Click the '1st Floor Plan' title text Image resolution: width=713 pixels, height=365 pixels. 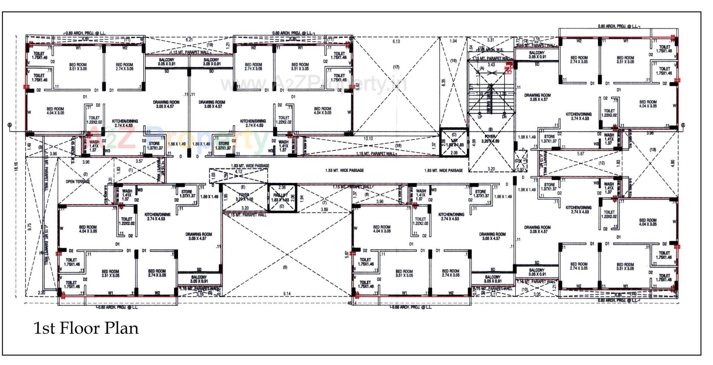pyautogui.click(x=86, y=328)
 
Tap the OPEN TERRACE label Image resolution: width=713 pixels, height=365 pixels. pyautogui.click(x=78, y=182)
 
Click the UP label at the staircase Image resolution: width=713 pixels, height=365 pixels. pyautogui.click(x=480, y=117)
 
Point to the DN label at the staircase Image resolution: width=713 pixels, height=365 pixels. pyautogui.click(x=504, y=117)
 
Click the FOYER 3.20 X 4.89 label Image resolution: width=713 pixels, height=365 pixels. pyautogui.click(x=490, y=139)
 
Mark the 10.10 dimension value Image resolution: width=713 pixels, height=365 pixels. pyautogui.click(x=368, y=138)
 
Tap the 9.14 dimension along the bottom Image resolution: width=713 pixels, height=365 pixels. pyautogui.click(x=287, y=294)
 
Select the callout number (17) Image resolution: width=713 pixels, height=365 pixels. pyautogui.click(x=396, y=67)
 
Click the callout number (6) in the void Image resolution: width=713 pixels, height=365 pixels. pyautogui.click(x=285, y=267)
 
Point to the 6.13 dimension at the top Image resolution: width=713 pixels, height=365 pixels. pyautogui.click(x=396, y=42)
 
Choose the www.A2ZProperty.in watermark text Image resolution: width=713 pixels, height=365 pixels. pyautogui.click(x=314, y=84)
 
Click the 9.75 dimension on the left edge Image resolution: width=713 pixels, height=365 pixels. pyautogui.click(x=29, y=227)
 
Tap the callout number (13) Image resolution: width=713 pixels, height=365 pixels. pyautogui.click(x=652, y=150)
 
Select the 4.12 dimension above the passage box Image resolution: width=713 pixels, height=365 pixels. pyautogui.click(x=238, y=172)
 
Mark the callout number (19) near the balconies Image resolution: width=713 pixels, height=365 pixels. pyautogui.click(x=210, y=45)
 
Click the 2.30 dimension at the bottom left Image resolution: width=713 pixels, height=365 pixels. pyautogui.click(x=42, y=293)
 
